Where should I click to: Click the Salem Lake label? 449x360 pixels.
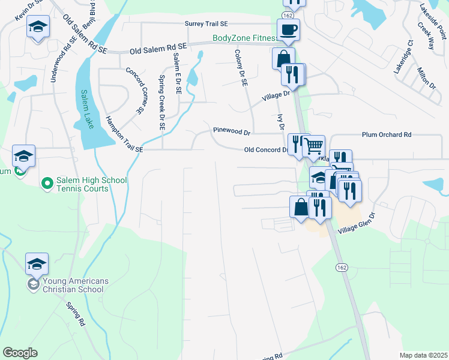(86, 109)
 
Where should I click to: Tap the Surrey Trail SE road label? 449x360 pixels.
(206, 23)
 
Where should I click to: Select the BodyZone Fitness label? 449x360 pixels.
(245, 38)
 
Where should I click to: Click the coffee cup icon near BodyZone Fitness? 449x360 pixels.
(288, 29)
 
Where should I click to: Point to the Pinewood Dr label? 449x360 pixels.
(231, 131)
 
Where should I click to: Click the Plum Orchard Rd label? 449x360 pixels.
(386, 135)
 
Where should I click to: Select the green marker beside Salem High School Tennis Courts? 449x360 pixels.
(46, 182)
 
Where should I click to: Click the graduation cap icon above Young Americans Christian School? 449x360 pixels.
(37, 263)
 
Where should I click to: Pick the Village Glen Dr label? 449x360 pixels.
(357, 224)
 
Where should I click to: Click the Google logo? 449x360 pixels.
(20, 353)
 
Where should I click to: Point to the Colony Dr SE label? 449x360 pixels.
(241, 69)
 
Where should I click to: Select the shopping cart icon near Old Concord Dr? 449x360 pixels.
(313, 145)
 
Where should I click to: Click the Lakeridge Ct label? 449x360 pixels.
(404, 57)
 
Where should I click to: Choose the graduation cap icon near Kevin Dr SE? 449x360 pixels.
(38, 28)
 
